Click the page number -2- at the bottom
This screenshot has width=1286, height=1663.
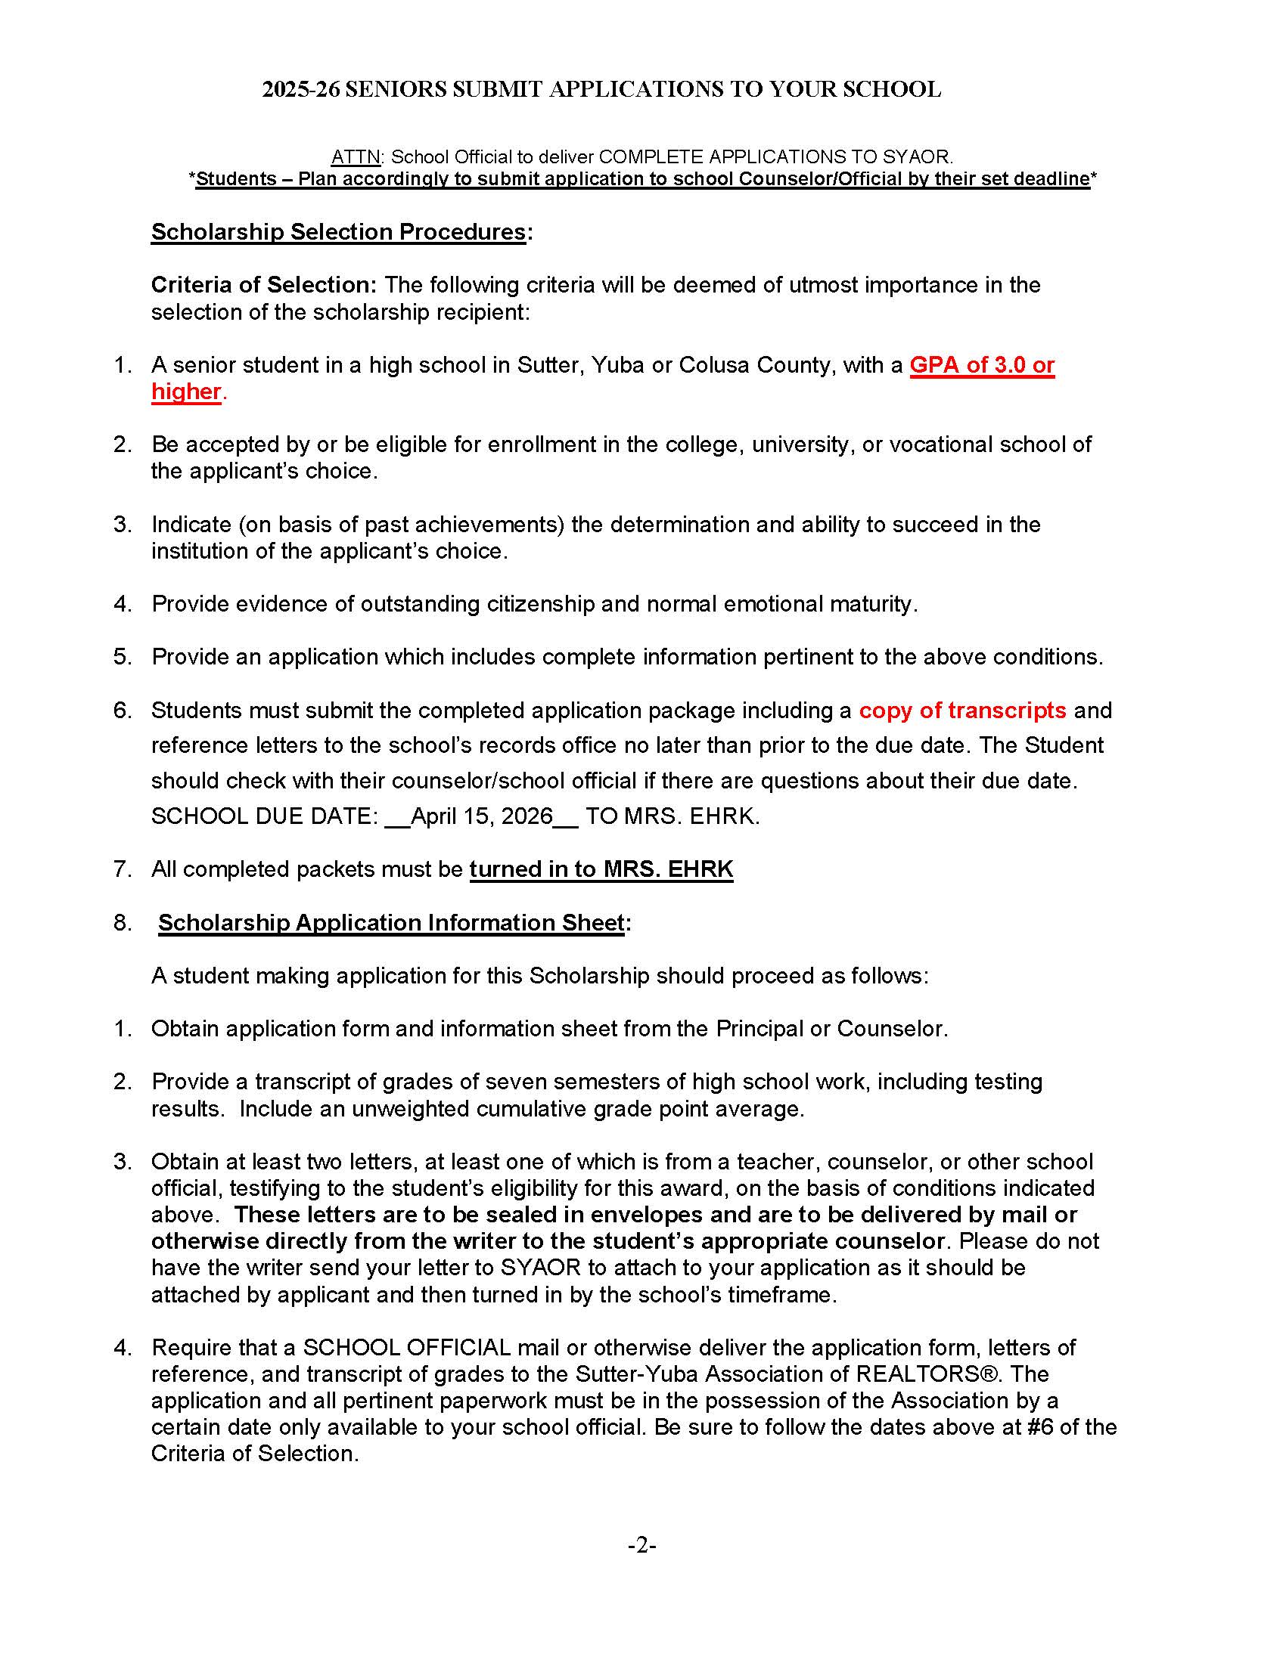[x=642, y=1545]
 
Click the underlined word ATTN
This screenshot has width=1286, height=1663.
[x=355, y=157]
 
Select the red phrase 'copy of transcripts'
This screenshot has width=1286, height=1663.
[x=962, y=710]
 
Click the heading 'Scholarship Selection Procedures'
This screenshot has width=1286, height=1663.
[x=338, y=231]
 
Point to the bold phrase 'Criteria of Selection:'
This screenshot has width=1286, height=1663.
[x=263, y=285]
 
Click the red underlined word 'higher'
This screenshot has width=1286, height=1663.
[x=186, y=392]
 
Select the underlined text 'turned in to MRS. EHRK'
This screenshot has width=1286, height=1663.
[x=601, y=869]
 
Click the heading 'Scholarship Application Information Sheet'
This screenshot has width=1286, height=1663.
[x=391, y=922]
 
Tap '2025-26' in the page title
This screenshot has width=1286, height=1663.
[x=300, y=90]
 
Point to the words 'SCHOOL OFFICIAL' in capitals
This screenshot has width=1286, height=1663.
[x=407, y=1347]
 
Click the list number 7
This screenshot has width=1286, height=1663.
[x=122, y=869]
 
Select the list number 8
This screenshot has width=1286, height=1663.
[x=122, y=922]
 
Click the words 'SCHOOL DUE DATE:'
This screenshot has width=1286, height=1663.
[x=264, y=816]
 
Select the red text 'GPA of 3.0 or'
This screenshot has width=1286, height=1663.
[x=981, y=366]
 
